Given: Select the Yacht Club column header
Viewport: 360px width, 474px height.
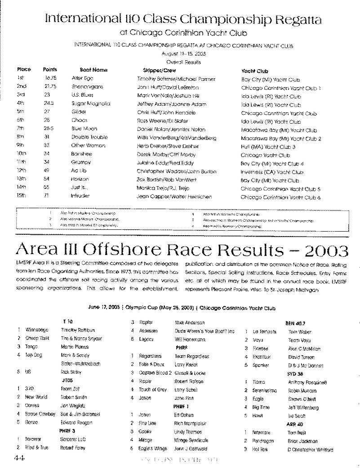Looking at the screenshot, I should [254, 71].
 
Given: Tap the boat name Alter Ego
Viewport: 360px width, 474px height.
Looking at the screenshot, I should [81, 79].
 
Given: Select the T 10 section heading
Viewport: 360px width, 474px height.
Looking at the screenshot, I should [67, 322].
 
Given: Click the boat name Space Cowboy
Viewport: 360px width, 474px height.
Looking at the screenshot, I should [36, 414].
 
